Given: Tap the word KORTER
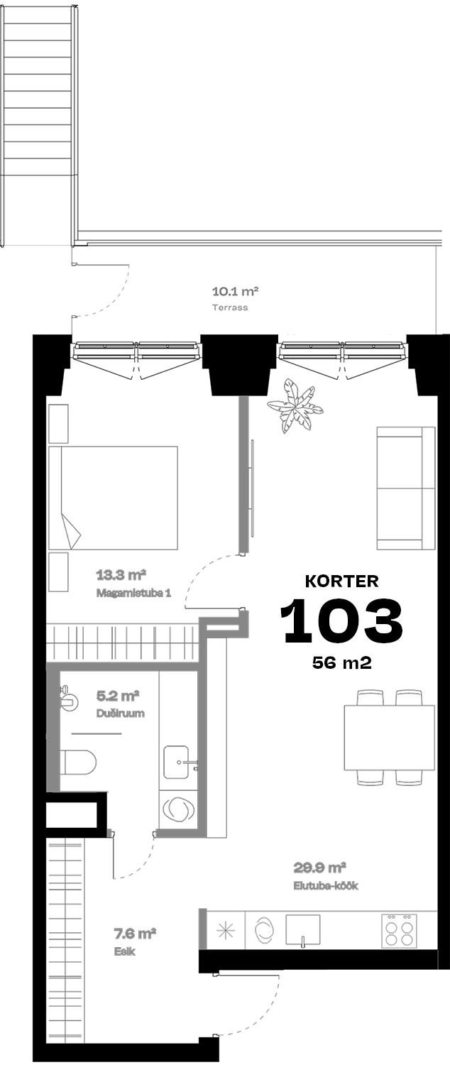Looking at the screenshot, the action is pos(341,581).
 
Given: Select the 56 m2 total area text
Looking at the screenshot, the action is pos(341,662).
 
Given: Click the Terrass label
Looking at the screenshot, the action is pos(230,307).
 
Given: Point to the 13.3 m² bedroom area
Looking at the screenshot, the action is pos(121,575).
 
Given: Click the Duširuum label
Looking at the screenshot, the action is pos(120,713).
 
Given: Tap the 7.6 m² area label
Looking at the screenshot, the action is pos(135,934).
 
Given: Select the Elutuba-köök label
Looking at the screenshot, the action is pos(326,886).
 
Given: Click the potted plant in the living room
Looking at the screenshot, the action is pos(295,406).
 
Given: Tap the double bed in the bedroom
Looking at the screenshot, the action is pos(113,498).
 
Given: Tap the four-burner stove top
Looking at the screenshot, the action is pos(399,929).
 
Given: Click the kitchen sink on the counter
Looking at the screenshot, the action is pos(302,930).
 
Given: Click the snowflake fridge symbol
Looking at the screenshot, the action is pos(226,930).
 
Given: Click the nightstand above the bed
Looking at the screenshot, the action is pos(58,424).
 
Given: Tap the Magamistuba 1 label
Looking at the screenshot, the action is pos(133,593).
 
